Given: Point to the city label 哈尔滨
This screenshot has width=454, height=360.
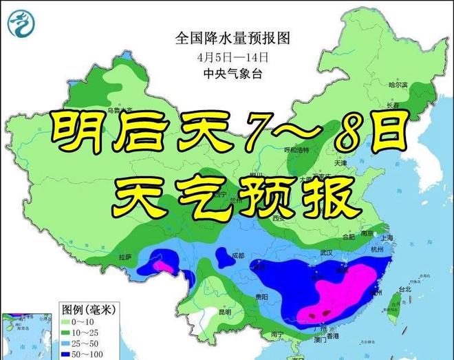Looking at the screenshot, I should coord(398,85).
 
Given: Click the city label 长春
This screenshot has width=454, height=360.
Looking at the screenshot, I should coord(393,105).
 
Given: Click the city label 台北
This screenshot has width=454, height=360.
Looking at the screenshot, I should coord(404,290).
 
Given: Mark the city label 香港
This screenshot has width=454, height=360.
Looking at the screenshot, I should coord(333,335).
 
